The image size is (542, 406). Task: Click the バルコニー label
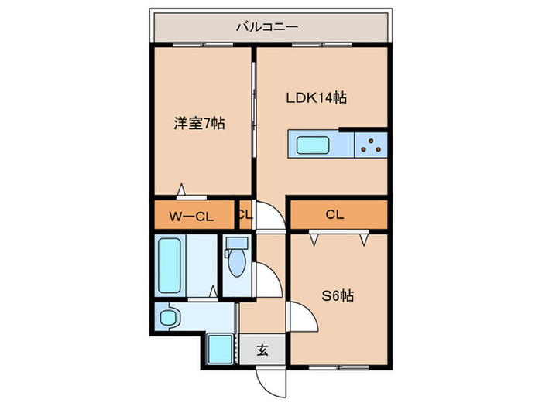267,28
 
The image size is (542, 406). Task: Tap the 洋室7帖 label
199,122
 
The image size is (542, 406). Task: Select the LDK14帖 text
316,98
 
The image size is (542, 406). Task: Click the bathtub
170,265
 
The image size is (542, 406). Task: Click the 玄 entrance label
262,350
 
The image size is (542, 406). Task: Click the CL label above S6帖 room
334,215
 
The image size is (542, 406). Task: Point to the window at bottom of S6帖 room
340,365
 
